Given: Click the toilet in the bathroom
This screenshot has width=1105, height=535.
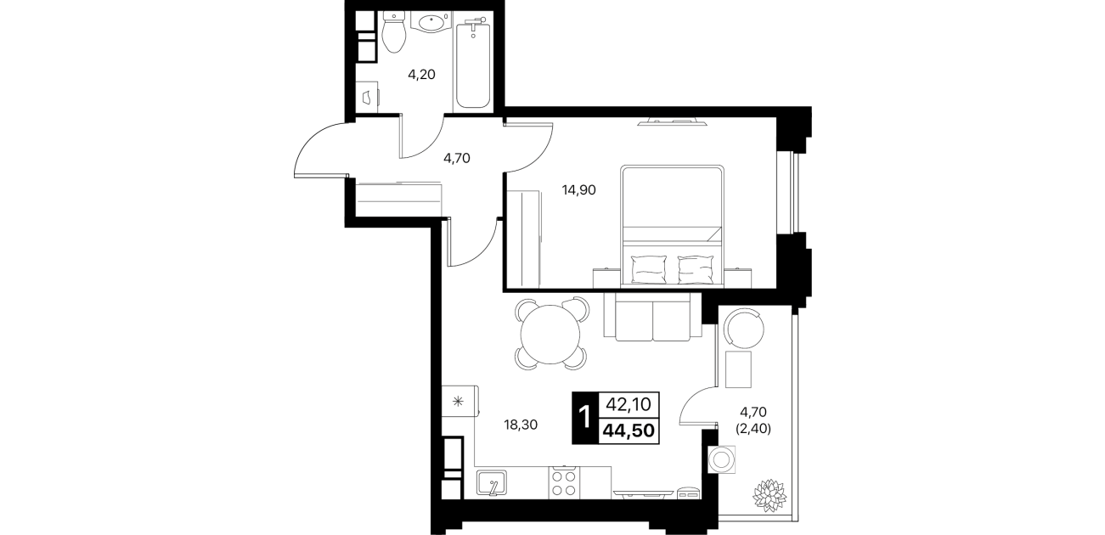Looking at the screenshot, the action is tap(393, 31).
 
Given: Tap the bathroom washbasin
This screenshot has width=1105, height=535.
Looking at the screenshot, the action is tap(431, 23).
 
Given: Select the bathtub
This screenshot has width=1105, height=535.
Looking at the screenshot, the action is tap(473, 61).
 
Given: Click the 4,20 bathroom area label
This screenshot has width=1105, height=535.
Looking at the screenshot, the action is tap(421, 75).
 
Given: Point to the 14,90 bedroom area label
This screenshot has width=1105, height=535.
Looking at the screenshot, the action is tap(579, 190).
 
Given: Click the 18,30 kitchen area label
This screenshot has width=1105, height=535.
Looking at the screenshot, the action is tap(521, 425).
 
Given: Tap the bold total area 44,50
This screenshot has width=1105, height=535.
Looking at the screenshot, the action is tap(629, 431).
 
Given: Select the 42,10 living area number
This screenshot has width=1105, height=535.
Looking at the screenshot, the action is tap(629, 404).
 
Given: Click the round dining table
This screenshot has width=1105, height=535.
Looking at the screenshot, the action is tap(550, 334).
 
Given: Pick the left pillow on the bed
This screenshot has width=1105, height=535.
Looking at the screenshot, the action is tap(649, 269).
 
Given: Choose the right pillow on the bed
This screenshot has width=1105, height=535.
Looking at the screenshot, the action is tap(696, 269).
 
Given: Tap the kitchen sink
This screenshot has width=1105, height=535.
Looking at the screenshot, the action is tap(146, 482).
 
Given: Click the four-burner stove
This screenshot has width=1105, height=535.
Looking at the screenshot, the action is tap(564, 483).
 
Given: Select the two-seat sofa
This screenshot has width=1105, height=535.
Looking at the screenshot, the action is tap(652, 316).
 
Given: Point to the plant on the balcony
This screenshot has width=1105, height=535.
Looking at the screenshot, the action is tap(769, 494).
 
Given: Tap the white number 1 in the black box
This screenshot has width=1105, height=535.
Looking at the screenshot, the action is tap(585, 418).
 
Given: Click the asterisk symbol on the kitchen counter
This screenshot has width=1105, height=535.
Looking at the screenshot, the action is tap(459, 402).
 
